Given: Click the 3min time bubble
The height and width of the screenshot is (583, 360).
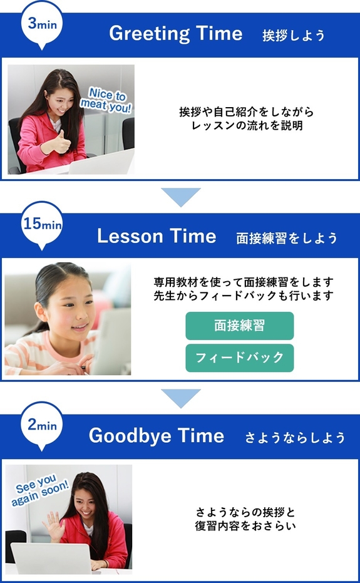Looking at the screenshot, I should [42, 24].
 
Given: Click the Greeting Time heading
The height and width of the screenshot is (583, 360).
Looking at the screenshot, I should [175, 33].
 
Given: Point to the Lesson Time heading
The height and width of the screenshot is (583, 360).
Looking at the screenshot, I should [157, 236].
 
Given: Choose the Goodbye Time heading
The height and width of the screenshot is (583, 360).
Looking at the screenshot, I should [156, 436].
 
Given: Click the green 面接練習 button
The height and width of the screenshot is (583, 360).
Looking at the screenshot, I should [239, 326].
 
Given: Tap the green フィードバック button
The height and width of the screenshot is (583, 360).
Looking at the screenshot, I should [239, 358].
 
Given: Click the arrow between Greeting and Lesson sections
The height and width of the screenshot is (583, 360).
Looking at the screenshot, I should [180, 197].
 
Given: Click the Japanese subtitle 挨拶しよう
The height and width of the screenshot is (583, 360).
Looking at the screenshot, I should [294, 35].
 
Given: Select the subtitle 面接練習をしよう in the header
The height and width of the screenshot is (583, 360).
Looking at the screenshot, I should [287, 238].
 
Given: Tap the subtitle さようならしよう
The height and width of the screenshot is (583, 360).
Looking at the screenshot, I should [295, 438].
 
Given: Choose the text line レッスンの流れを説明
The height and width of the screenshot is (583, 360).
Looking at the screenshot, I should [246, 125].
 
